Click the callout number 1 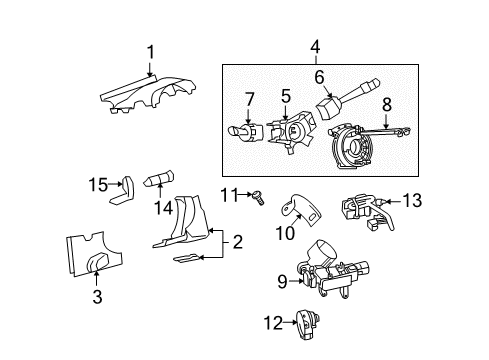tap(150, 52)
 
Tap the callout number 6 tap(320, 76)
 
